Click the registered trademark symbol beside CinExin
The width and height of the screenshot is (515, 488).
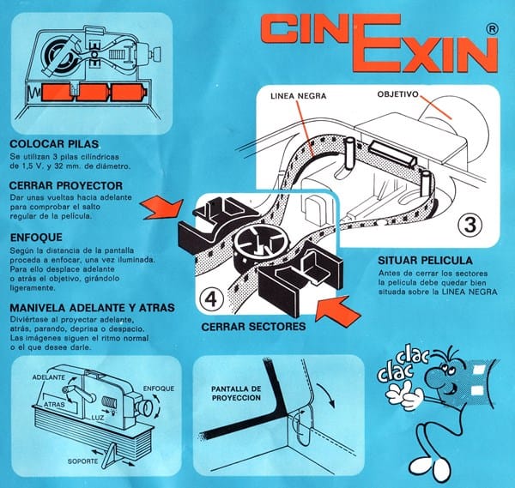click(x=492, y=28)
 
